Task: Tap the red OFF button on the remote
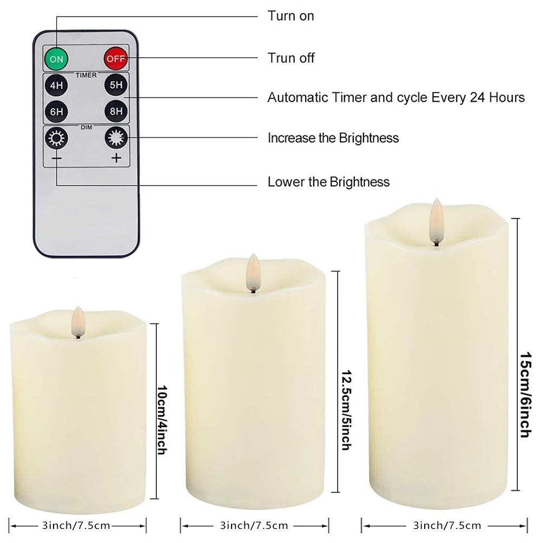point(115,57)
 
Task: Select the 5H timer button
point(115,85)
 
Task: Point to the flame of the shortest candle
point(78,321)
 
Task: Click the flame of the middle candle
point(252,268)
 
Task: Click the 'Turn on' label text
point(291,16)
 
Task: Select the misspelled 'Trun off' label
point(291,58)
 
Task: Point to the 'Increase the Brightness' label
point(333,138)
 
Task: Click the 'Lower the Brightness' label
point(328,181)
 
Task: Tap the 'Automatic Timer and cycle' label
point(396,98)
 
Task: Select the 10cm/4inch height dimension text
point(161,419)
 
